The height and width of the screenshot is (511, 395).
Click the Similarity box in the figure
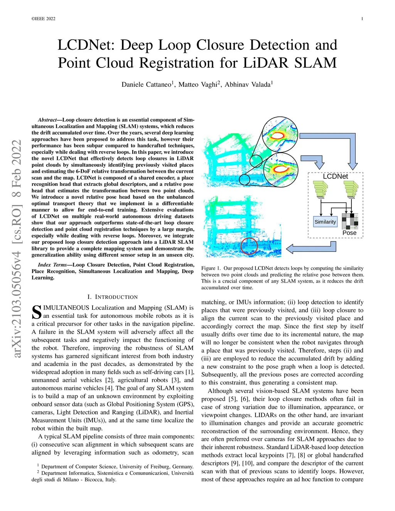point(325,222)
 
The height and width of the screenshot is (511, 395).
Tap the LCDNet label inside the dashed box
point(335,176)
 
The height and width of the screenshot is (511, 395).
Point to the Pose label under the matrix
point(349,233)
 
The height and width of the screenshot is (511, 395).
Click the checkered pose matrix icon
point(350,221)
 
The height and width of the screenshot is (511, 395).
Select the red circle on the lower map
point(249,246)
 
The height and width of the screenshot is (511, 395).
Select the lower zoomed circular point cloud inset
point(280,169)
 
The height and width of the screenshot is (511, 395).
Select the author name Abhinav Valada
point(248,84)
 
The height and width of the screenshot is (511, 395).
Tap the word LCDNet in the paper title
point(86,45)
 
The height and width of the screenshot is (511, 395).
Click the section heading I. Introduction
point(113,297)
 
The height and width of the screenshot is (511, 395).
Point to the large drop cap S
point(36,312)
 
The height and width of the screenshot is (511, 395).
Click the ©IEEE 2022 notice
point(43,19)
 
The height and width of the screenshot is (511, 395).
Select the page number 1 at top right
point(362,19)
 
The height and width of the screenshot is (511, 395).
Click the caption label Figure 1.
point(211,268)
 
